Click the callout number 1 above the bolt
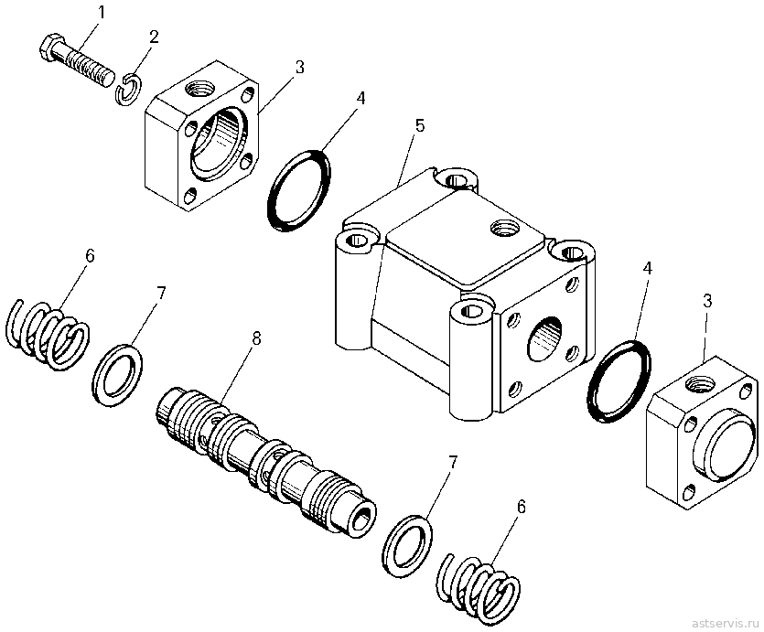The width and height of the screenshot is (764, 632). coord(101,13)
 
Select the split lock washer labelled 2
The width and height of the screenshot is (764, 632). coord(129,88)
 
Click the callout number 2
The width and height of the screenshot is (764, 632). coord(154,37)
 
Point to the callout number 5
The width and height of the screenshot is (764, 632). coord(420,125)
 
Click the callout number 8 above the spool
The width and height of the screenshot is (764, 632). coord(256,337)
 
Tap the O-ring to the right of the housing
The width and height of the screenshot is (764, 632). coord(619,381)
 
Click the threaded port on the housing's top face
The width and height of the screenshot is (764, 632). coord(505,227)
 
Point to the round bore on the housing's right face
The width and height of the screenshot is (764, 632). coord(544,338)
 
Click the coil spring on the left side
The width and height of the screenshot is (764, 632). coord(48,336)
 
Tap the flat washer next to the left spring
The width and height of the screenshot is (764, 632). coord(117,375)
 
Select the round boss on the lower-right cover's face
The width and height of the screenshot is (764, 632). coord(726,445)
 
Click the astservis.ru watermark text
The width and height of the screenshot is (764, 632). coord(726,623)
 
